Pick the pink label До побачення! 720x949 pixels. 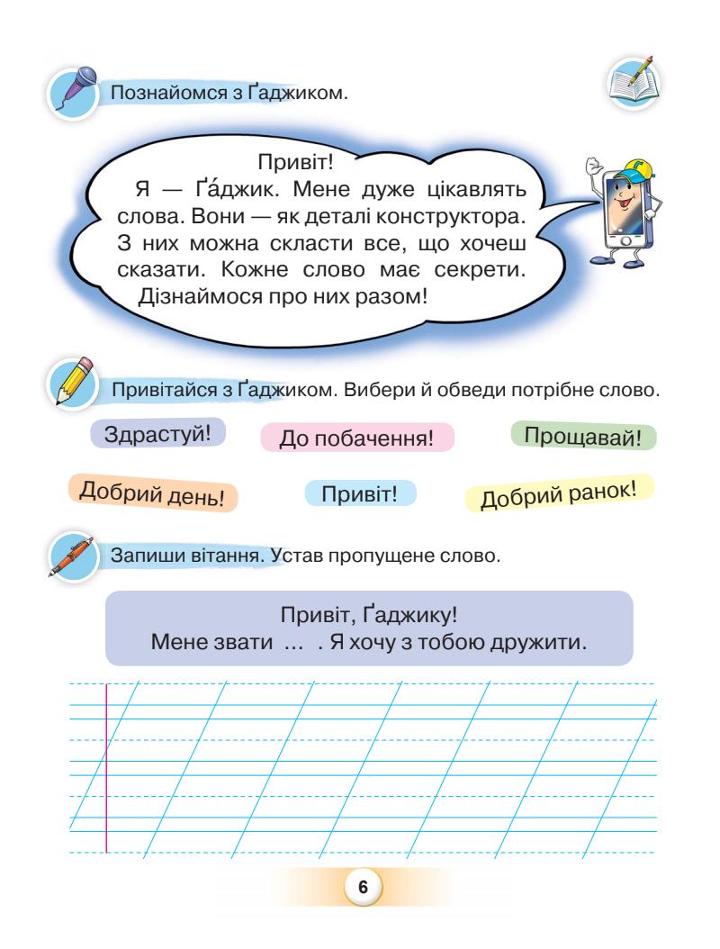pos(357,438)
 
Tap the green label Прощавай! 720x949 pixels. pos(583,438)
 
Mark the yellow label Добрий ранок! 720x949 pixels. pos(558,494)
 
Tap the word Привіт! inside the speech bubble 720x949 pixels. pos(297,165)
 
